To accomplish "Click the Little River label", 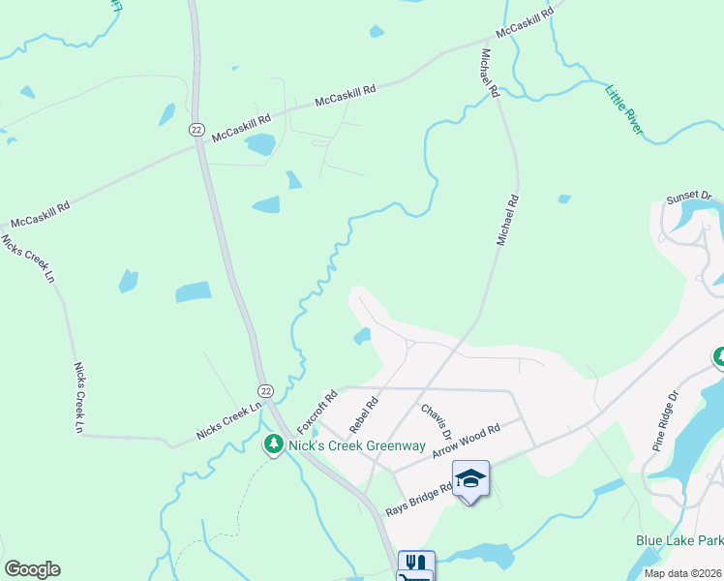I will [624, 109].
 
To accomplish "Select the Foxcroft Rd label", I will [317, 412].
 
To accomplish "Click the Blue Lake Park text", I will [679, 540].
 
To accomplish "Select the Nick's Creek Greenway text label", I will [357, 445].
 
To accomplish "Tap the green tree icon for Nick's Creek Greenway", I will [274, 445].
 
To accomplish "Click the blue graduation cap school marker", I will [470, 478].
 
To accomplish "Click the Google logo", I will [32, 569].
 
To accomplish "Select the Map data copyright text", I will [683, 573].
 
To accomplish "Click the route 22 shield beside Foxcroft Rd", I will [265, 389].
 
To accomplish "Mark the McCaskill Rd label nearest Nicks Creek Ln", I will [38, 215].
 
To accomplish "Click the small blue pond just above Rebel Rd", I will [362, 337].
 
